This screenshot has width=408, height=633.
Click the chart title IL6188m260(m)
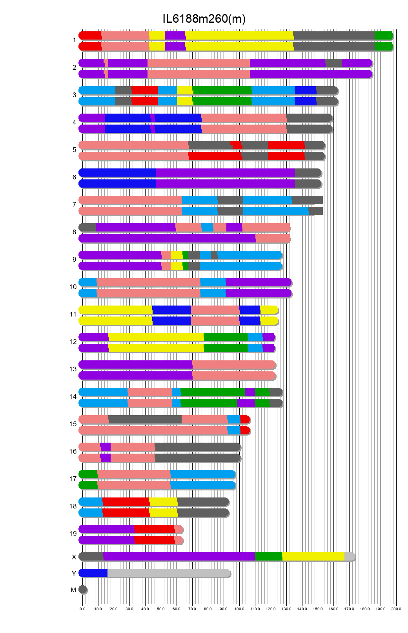(204, 19)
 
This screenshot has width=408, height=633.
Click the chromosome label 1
(74, 40)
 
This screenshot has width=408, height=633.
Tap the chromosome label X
(74, 557)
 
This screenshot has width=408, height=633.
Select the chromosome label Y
(74, 573)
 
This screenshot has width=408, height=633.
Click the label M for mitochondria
(73, 590)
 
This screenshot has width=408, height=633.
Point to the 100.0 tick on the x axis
(239, 609)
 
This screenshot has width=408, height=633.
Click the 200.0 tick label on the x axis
(396, 609)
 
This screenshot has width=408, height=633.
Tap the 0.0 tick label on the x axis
(82, 609)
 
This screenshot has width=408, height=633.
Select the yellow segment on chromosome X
(313, 556)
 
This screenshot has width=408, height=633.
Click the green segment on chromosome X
(268, 556)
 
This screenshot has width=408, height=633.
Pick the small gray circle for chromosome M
(82, 589)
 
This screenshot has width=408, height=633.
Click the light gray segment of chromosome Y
(169, 573)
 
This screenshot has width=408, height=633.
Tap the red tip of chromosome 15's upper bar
(245, 419)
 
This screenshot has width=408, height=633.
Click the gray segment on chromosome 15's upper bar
(145, 419)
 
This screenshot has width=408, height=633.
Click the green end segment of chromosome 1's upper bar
(383, 35)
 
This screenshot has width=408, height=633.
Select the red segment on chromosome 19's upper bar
(154, 529)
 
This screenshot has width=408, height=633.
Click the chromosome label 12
(73, 342)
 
